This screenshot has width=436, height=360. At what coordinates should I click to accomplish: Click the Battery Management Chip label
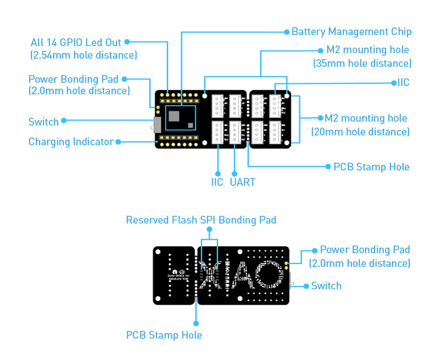pyautogui.click(x=351, y=32)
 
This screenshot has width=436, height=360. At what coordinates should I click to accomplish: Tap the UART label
pyautogui.click(x=242, y=182)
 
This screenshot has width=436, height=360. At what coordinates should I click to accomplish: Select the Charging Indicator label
pyautogui.click(x=71, y=142)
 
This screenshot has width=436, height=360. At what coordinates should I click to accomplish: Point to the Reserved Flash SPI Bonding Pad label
pyautogui.click(x=201, y=220)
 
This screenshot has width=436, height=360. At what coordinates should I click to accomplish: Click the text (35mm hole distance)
pyautogui.click(x=362, y=63)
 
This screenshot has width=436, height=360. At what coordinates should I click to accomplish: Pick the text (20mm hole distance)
pyautogui.click(x=360, y=132)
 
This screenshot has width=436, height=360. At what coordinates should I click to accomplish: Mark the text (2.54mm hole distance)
pyautogui.click(x=83, y=55)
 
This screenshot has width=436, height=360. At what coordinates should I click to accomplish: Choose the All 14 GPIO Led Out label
pyautogui.click(x=76, y=42)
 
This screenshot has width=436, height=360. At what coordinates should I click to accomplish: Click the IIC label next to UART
pyautogui.click(x=217, y=182)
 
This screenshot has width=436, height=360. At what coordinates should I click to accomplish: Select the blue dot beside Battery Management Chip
pyautogui.click(x=286, y=32)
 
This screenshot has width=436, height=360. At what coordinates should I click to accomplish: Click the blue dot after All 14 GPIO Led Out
pyautogui.click(x=127, y=42)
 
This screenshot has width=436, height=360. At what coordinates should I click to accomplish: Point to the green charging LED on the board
pyautogui.click(x=156, y=142)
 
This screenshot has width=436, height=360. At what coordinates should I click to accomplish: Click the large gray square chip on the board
pyautogui.click(x=175, y=116)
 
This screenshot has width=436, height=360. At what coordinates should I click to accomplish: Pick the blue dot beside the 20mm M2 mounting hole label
pyautogui.click(x=320, y=118)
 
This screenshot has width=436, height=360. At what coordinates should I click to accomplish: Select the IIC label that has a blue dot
pyautogui.click(x=403, y=83)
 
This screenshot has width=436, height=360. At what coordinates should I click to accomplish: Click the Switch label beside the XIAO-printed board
pyautogui.click(x=326, y=285)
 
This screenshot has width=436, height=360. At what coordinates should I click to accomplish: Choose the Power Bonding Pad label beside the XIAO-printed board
pyautogui.click(x=365, y=250)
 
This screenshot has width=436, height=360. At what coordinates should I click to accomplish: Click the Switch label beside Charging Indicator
pyautogui.click(x=43, y=121)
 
